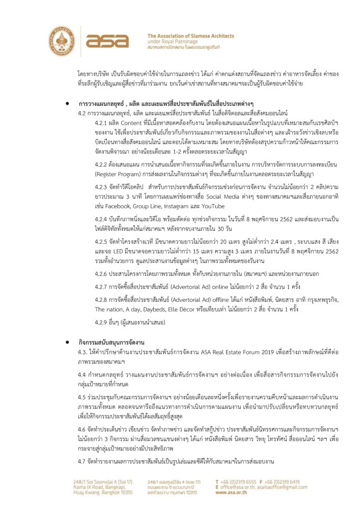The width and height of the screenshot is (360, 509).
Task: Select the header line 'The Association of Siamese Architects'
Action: (x=190, y=36)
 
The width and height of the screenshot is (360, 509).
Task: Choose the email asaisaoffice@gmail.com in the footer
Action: (x=282, y=487)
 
